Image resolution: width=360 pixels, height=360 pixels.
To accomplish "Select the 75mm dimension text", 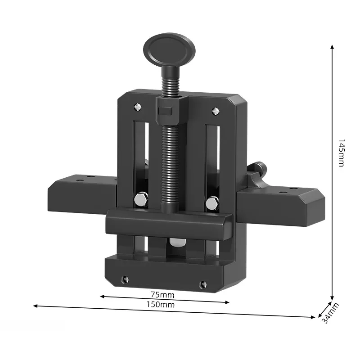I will [x=162, y=295].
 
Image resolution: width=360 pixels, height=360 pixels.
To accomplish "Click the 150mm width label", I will [x=161, y=305].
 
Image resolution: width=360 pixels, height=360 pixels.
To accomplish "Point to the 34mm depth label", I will [x=331, y=312].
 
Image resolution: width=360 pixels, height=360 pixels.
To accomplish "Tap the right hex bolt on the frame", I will [x=212, y=202].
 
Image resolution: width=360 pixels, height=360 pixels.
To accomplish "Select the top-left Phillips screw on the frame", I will [x=137, y=107].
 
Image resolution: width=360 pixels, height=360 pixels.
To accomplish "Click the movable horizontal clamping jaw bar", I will [x=169, y=223].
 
